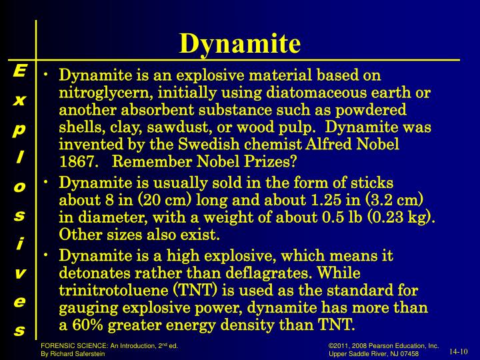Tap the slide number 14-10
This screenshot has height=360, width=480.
459,351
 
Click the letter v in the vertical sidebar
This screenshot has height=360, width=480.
19,273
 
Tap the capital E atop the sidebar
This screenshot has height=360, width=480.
19,71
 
